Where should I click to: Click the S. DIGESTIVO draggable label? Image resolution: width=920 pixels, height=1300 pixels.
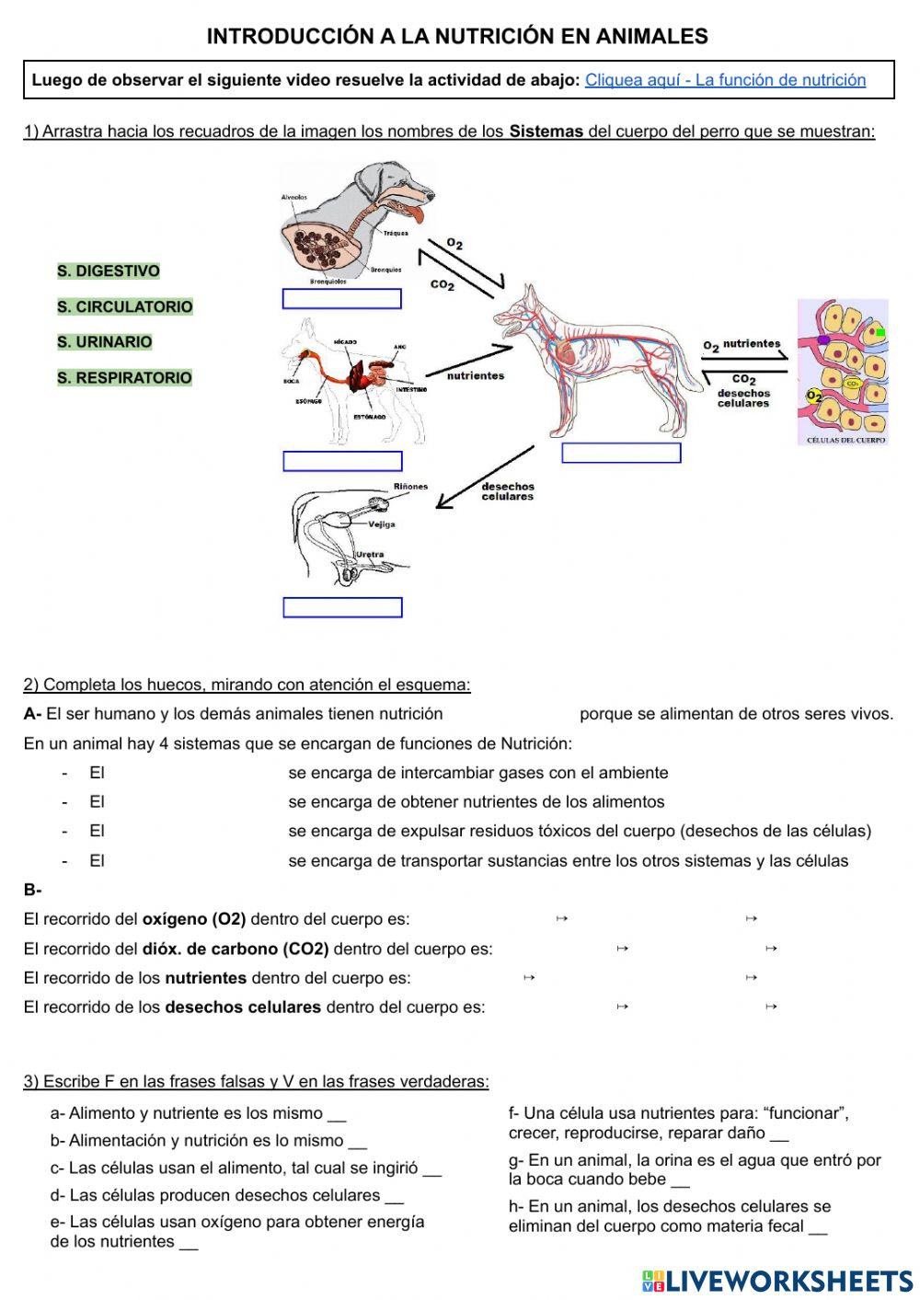point(109,271)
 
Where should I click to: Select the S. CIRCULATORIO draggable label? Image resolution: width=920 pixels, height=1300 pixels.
point(125,307)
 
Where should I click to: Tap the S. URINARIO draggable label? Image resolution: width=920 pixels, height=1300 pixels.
point(105,342)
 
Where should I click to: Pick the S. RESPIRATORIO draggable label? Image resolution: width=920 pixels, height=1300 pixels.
point(124,378)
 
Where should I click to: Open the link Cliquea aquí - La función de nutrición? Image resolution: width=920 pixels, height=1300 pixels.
point(725,80)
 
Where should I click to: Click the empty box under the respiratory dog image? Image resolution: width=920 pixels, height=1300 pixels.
point(341,299)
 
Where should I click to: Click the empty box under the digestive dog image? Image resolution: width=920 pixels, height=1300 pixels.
point(342,461)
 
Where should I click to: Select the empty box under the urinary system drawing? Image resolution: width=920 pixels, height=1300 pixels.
point(342,607)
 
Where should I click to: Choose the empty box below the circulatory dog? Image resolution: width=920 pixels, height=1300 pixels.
point(621,453)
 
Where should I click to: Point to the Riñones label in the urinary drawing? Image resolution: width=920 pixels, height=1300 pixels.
point(410,487)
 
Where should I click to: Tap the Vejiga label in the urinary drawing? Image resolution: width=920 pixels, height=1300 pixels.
point(382,524)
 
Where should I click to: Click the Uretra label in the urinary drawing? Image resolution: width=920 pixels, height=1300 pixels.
point(370,555)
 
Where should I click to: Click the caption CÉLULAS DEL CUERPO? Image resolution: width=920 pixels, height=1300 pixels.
point(845,440)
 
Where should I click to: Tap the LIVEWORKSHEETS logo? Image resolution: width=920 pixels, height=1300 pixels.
point(777,1281)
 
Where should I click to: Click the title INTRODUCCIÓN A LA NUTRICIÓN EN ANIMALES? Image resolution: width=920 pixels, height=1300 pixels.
point(457,37)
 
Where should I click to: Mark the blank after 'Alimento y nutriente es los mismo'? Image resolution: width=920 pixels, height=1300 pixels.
point(337,1114)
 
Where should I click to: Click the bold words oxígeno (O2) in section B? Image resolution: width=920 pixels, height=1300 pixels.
point(194,919)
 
